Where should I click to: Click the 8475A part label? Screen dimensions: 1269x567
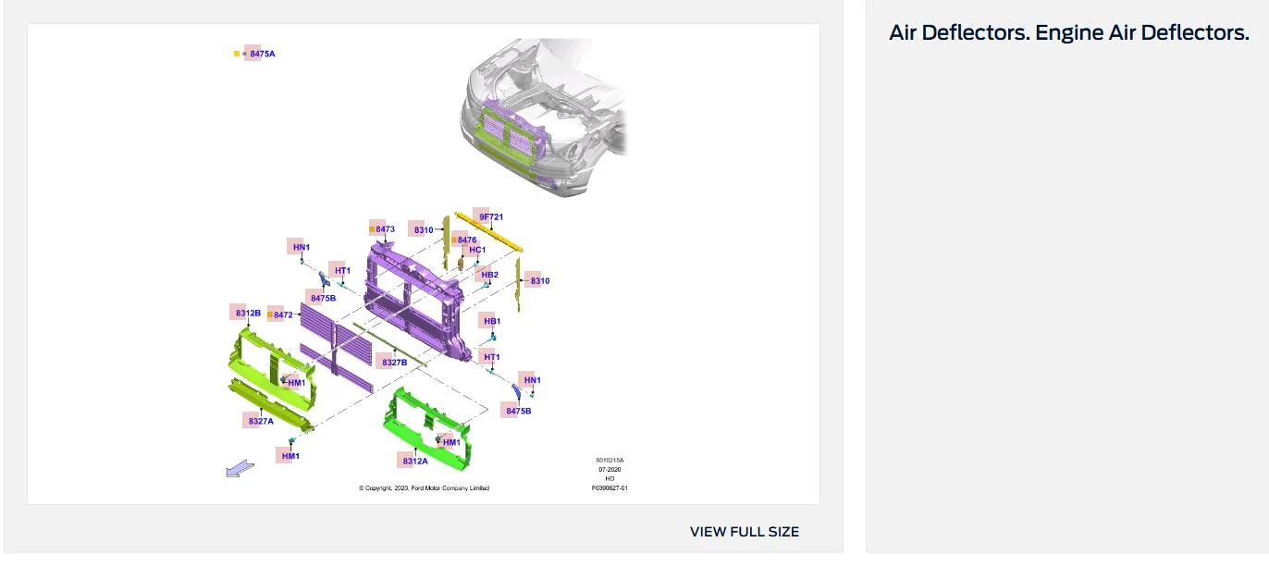(x=263, y=54)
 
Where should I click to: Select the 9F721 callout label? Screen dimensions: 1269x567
(x=491, y=217)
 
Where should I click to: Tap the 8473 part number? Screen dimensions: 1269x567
(x=385, y=229)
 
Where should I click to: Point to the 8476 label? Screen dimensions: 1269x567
(x=467, y=240)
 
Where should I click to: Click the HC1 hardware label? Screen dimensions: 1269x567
(x=477, y=250)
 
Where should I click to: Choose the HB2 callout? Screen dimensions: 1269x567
(x=489, y=275)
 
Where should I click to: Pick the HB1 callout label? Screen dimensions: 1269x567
(x=492, y=321)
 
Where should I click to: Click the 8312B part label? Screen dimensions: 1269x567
(x=248, y=314)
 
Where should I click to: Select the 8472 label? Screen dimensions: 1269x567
(x=283, y=314)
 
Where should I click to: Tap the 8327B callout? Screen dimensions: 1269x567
(x=394, y=363)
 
